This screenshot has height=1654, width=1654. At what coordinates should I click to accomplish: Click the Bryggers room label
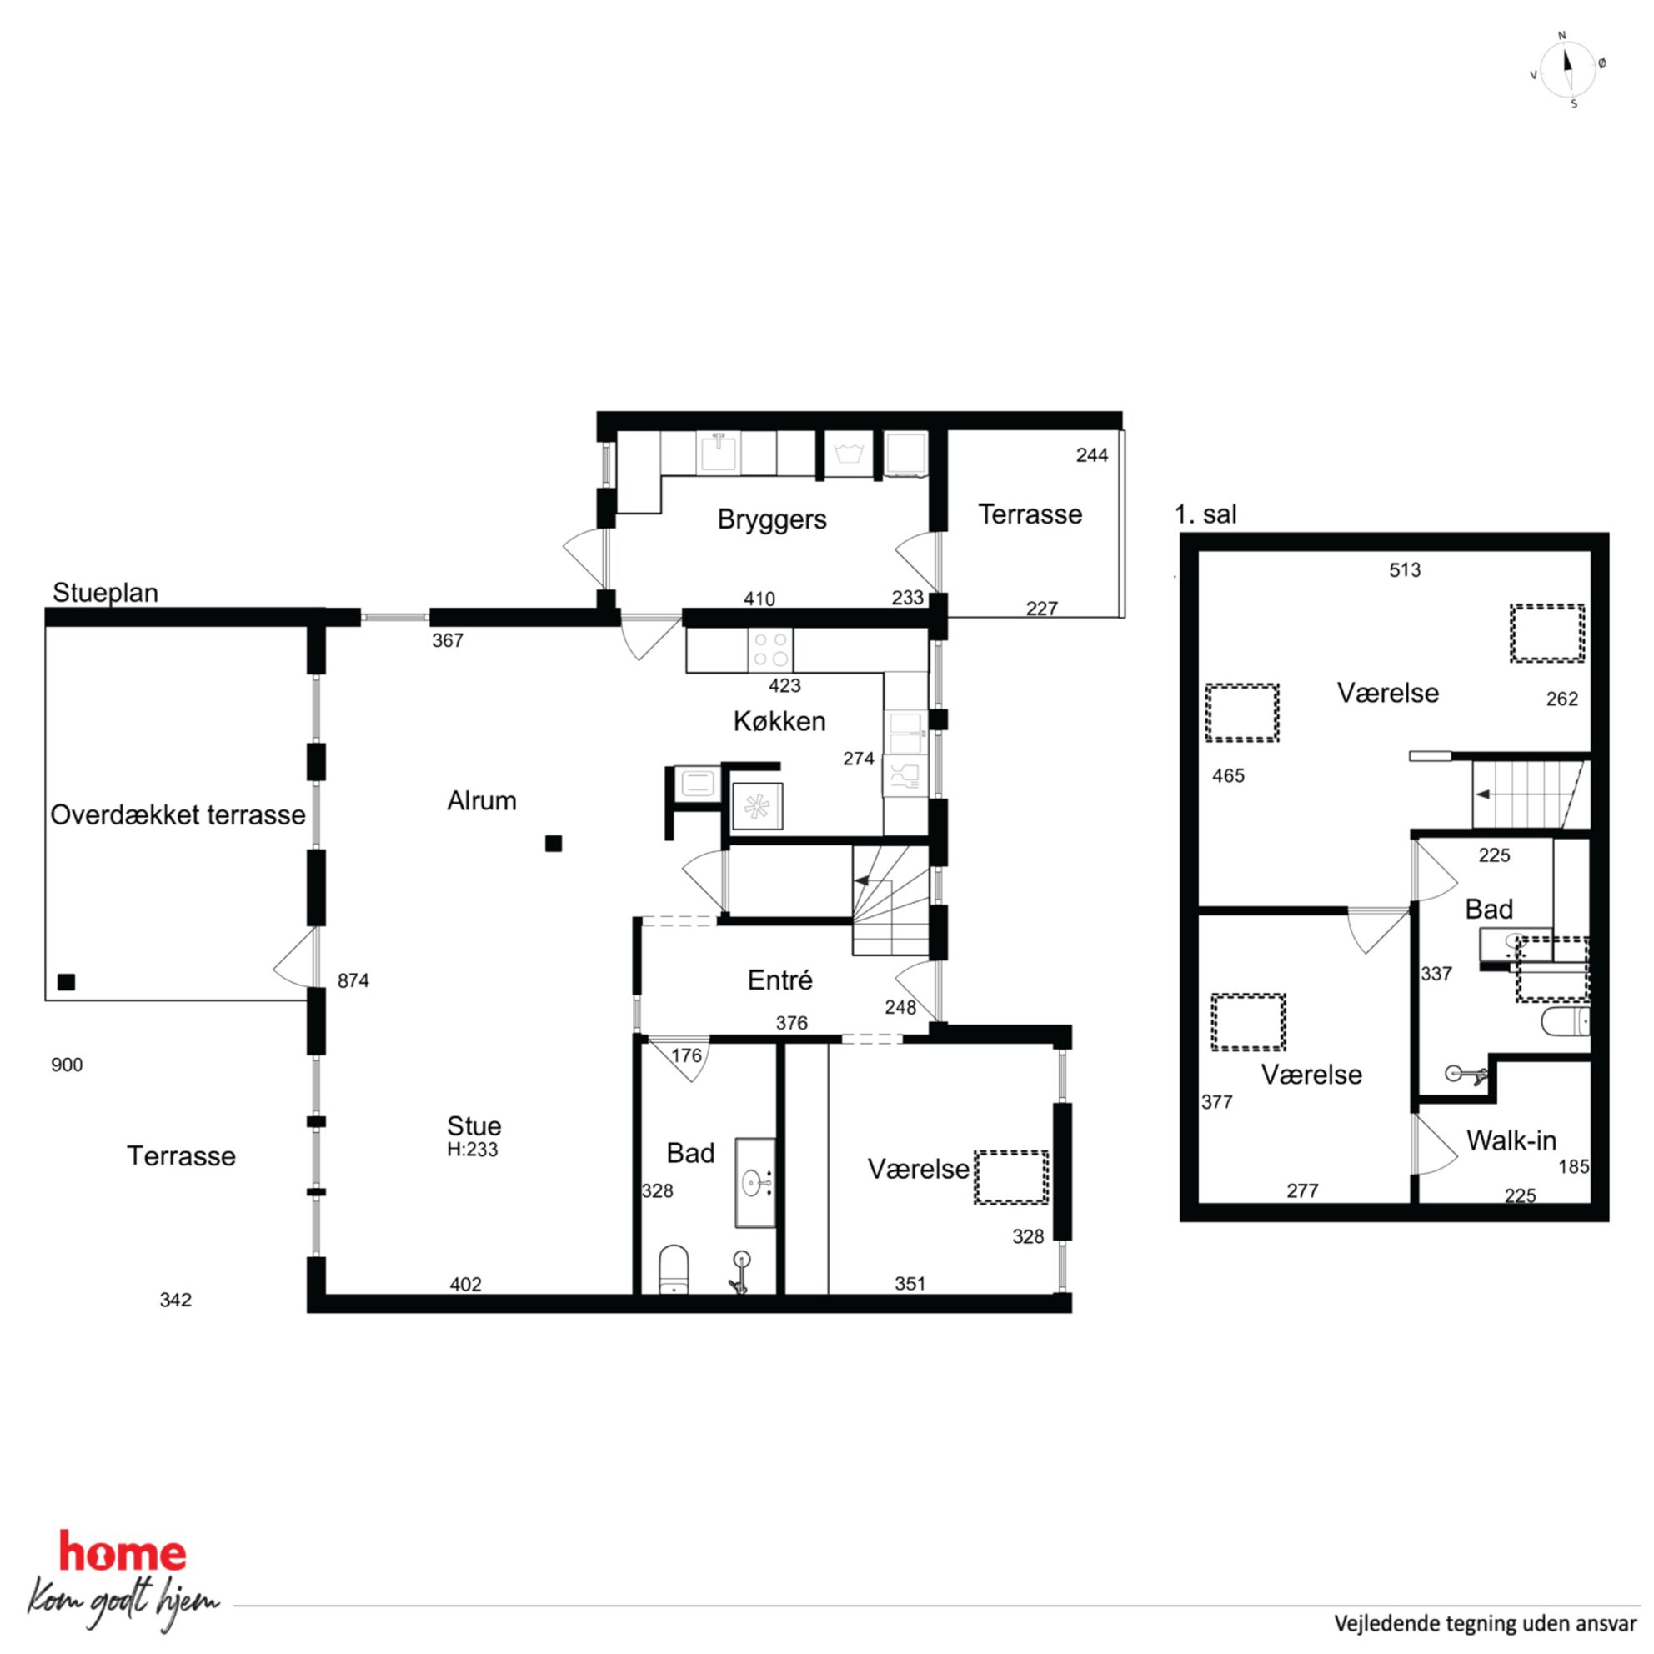coord(771,519)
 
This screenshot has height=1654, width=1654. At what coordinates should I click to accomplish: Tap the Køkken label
coord(779,721)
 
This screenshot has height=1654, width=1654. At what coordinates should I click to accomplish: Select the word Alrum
coord(481,800)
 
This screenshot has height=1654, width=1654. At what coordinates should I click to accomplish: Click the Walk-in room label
coord(1511,1140)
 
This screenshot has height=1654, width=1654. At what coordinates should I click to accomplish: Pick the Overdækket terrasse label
coord(178,814)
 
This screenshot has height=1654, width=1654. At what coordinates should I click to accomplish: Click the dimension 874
coord(353,980)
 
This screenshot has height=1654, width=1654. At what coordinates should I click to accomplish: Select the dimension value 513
coord(1405,570)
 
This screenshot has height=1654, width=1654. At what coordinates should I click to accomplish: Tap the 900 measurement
coord(67,1065)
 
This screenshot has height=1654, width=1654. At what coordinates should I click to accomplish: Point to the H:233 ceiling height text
coord(472,1150)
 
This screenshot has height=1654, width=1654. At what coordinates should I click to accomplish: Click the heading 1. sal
coord(1205,514)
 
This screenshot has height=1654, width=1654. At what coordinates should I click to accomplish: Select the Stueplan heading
coord(105,593)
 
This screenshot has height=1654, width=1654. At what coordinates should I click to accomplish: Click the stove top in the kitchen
coord(769,649)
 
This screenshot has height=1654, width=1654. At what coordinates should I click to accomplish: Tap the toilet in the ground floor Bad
coord(674,1269)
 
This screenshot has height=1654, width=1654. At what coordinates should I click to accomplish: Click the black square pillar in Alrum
coord(554,844)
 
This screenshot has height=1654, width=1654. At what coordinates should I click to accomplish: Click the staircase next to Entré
coord(890,900)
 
